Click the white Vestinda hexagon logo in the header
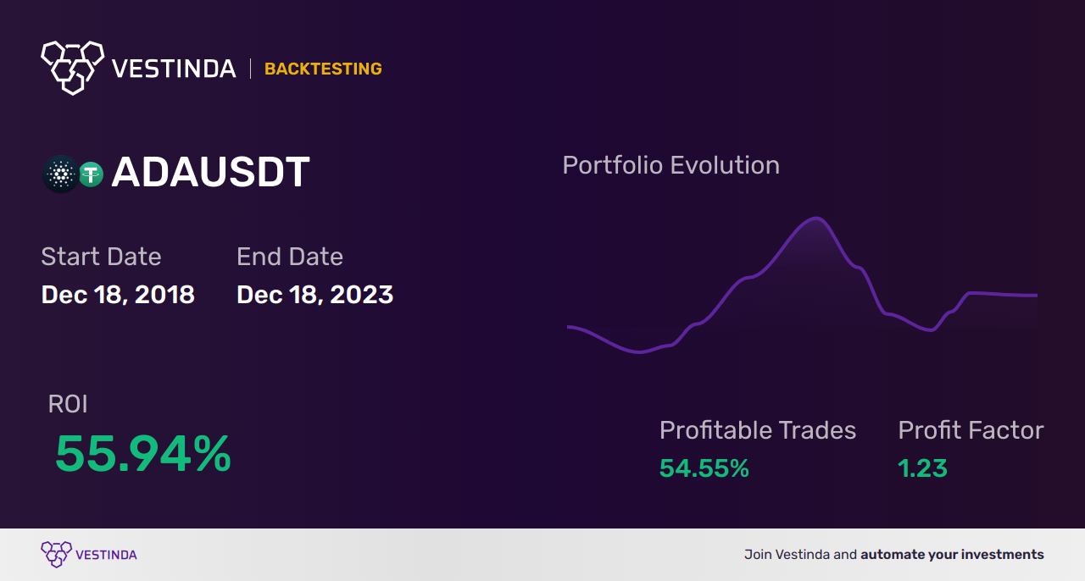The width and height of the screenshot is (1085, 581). click(72, 67)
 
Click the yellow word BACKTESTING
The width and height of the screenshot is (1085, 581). click(323, 69)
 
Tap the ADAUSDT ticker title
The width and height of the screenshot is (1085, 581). click(210, 173)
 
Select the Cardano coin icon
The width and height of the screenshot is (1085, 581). click(60, 174)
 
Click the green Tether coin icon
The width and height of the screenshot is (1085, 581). click(91, 174)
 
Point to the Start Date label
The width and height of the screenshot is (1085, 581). click(101, 257)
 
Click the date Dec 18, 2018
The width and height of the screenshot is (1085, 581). click(118, 295)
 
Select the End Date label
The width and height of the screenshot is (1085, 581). click(290, 257)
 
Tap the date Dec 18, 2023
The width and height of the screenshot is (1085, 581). click(314, 295)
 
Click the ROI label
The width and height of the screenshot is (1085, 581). click(68, 405)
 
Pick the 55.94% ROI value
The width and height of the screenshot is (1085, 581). click(143, 454)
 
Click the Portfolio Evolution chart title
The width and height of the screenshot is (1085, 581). click(670, 165)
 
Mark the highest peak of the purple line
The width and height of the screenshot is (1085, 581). click(816, 219)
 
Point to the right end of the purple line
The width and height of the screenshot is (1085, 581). click(1036, 296)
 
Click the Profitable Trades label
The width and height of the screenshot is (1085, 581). click(758, 430)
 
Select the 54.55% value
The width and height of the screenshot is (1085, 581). click(704, 468)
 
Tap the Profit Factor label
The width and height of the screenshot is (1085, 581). click(971, 430)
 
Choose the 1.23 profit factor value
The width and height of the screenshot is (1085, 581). click(922, 468)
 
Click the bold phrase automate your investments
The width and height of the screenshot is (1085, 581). click(952, 555)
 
